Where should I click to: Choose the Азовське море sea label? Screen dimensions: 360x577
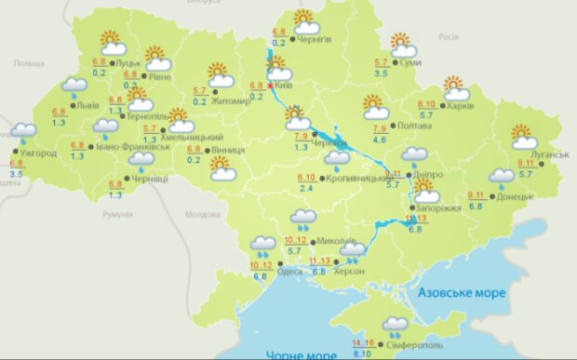coord(461,293)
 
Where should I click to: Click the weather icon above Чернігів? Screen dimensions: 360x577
coord(304,20)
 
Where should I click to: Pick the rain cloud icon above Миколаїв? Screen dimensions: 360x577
coord(302,220)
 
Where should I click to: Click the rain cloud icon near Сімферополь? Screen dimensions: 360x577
coord(396,326)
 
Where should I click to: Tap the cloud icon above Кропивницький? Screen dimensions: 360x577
coord(336,159)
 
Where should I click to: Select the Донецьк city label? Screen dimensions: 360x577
coord(515,197)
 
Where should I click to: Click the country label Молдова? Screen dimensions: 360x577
coord(201,213)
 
